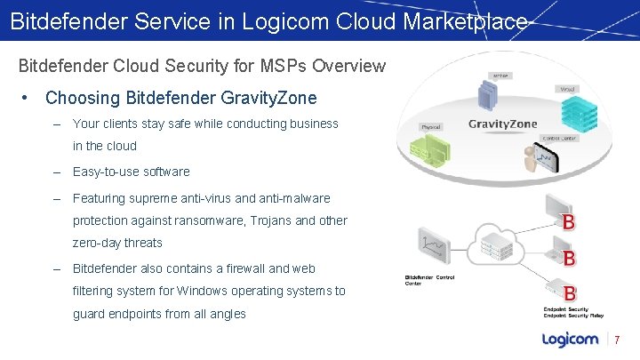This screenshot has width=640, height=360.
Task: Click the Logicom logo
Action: pos(570,340)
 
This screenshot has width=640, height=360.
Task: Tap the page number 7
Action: pos(617,340)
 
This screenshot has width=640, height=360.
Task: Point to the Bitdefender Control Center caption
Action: pos(429,280)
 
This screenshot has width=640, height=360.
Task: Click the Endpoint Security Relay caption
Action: pos(573,316)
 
